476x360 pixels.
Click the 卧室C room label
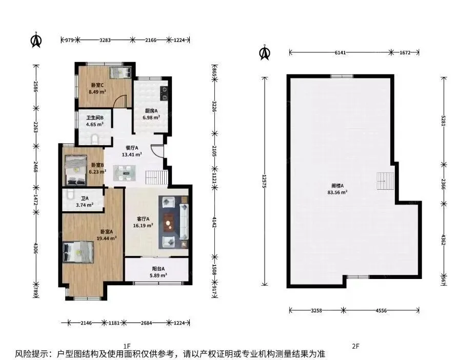pyautogui.click(x=97, y=85)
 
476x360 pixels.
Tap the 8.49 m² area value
pyautogui.click(x=97, y=92)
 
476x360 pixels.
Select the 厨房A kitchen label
pyautogui.click(x=151, y=111)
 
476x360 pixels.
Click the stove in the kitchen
pyautogui.click(x=164, y=93)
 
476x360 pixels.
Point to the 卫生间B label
pyautogui.click(x=95, y=118)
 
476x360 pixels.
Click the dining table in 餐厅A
pyautogui.click(x=125, y=173)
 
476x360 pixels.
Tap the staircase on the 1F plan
pyautogui.click(x=156, y=177)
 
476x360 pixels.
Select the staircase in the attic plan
pyautogui.click(x=386, y=181)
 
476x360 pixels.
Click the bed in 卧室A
pyautogui.click(x=78, y=252)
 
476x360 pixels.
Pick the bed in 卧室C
pyautogui.click(x=121, y=72)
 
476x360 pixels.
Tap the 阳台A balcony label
pyautogui.click(x=158, y=269)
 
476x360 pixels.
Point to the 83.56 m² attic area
pyautogui.click(x=338, y=192)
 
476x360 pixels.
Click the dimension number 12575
pyautogui.click(x=265, y=182)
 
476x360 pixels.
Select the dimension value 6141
pyautogui.click(x=340, y=52)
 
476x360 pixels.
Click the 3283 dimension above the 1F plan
pyautogui.click(x=105, y=40)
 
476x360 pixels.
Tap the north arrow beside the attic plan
pyautogui.click(x=265, y=52)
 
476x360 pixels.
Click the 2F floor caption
pyautogui.click(x=355, y=346)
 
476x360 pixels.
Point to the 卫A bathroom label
pyautogui.click(x=85, y=198)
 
